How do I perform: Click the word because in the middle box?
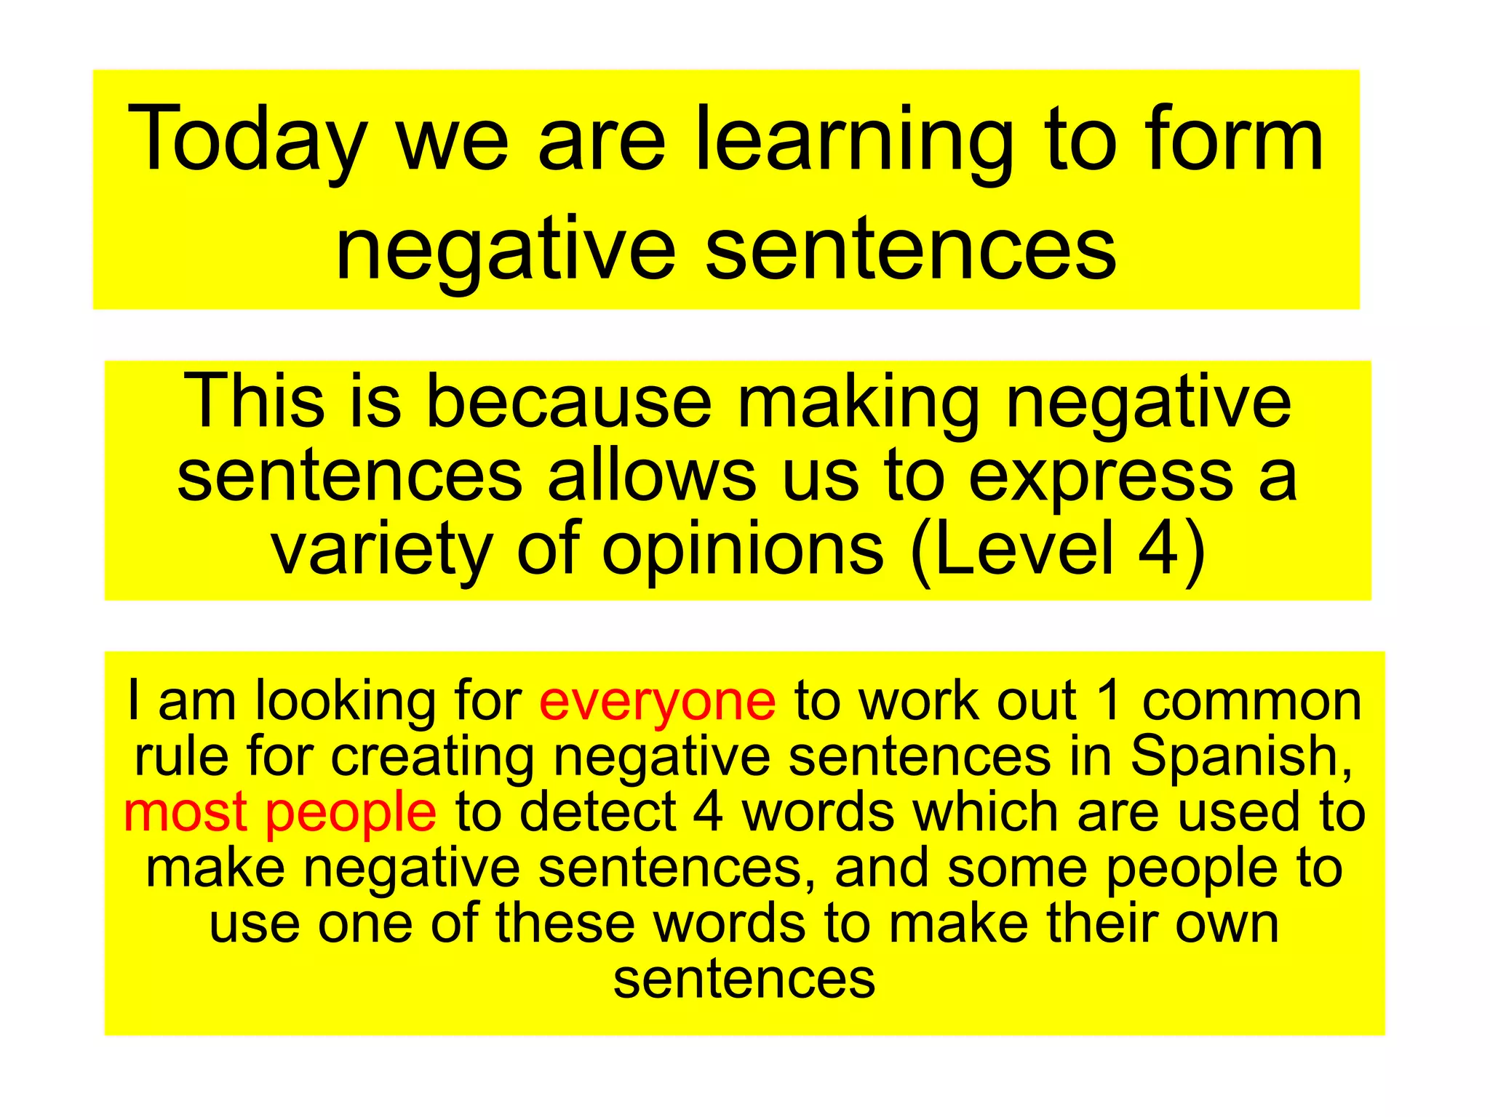(x=567, y=402)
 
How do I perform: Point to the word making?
(x=858, y=402)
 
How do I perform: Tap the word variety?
(x=381, y=551)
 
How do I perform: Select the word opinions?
(x=743, y=551)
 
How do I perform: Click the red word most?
(x=186, y=812)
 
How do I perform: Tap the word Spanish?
(x=1241, y=757)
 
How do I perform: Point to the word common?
(x=1251, y=702)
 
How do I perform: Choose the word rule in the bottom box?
(x=181, y=756)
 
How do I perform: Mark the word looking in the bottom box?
(x=345, y=702)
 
